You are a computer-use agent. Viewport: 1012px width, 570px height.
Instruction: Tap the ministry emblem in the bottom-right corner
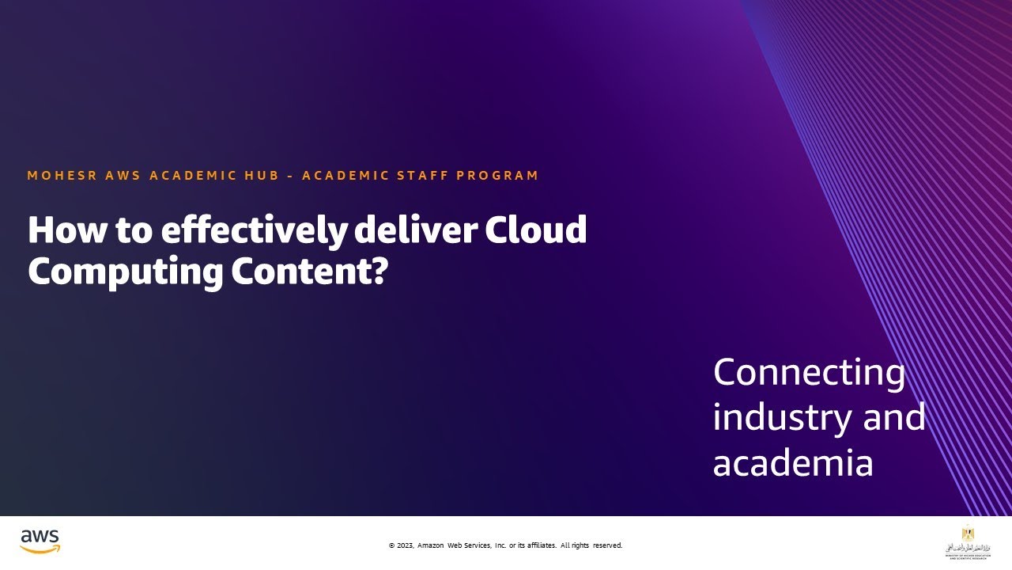(x=966, y=540)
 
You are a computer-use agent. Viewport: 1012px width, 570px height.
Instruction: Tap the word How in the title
(x=63, y=230)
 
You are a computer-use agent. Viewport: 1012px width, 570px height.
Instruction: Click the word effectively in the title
(x=253, y=230)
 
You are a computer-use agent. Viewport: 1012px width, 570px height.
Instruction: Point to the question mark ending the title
(x=380, y=272)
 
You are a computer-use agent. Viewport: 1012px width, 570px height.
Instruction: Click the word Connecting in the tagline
(x=809, y=373)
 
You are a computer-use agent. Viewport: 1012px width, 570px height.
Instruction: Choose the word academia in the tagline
(x=792, y=463)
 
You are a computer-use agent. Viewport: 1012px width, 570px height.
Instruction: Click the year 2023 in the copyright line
(x=404, y=545)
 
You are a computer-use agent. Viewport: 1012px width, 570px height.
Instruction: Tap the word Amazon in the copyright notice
(x=431, y=545)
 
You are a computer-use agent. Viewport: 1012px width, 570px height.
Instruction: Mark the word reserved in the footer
(x=607, y=545)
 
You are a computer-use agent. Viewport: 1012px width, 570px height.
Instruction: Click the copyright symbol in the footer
(x=391, y=545)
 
